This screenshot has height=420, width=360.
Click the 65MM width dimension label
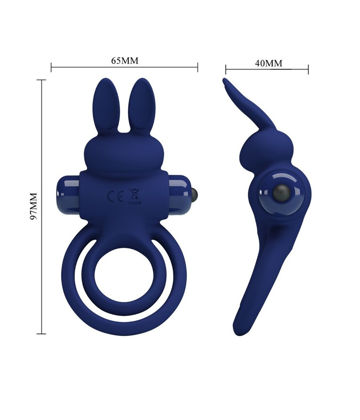tap(124, 60)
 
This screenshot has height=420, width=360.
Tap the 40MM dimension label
tap(268, 63)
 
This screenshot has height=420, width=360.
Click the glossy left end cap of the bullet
tap(69, 194)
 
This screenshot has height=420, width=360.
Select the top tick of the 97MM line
tap(41, 80)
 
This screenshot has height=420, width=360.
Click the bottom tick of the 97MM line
tap(41, 333)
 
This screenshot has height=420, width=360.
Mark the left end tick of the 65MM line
tap(51, 67)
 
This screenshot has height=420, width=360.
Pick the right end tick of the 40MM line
tap(308, 69)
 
